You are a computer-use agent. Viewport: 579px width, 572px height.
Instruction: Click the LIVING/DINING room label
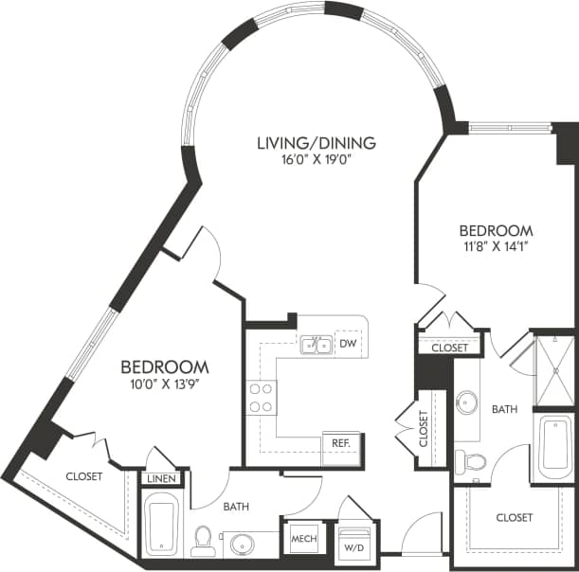[x=317, y=143]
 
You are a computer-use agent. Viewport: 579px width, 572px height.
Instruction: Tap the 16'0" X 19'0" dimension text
[x=317, y=160]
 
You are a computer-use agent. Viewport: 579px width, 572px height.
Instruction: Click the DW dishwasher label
[x=348, y=344]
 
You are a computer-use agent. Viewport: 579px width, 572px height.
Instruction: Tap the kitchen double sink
[x=317, y=345]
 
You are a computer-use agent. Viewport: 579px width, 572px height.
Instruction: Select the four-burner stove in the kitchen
[x=261, y=397]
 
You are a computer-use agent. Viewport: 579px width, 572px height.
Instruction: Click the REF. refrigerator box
[x=338, y=443]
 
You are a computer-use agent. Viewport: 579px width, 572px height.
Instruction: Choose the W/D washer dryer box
[x=354, y=545]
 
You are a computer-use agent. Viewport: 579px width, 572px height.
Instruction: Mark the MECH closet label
[x=303, y=539]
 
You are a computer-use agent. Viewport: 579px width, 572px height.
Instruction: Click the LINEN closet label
[x=161, y=479]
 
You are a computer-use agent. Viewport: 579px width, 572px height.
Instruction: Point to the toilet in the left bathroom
[x=202, y=541]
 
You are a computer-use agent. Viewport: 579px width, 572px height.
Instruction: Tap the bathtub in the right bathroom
[x=555, y=447]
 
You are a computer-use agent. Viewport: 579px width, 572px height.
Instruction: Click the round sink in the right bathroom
[x=466, y=403]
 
